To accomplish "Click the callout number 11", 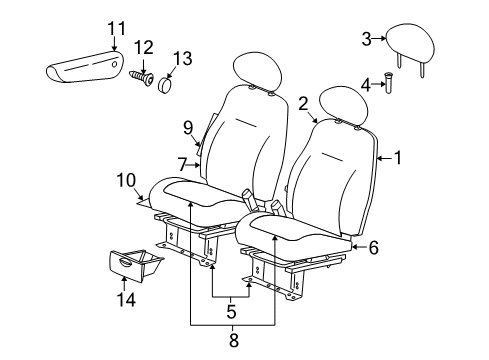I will point(116,27).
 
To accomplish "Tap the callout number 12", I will point(144,47).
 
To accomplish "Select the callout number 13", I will point(181,56).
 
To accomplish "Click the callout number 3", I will point(366,39).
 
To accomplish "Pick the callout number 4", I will point(365,85).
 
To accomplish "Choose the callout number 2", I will point(302,102).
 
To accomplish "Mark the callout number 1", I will point(397,157).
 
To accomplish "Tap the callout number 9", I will point(187,126).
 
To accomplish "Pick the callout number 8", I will point(232,340).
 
